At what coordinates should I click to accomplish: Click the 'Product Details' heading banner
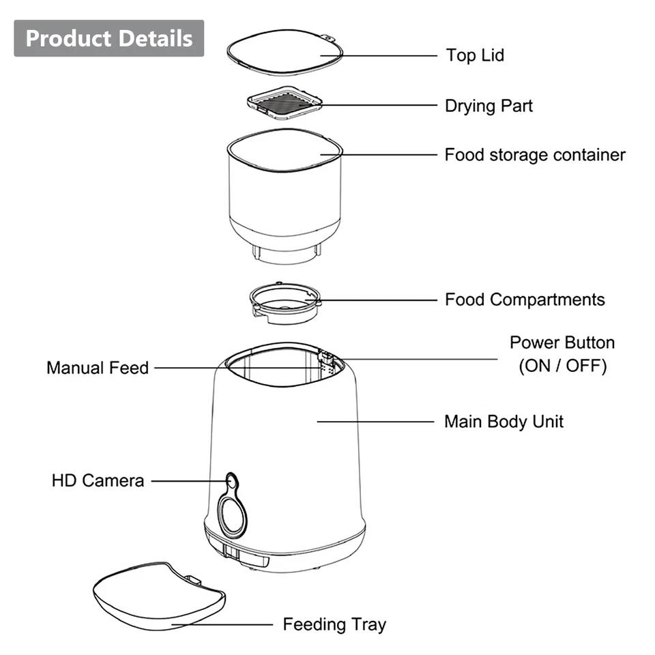[109, 38]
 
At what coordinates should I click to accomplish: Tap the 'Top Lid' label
[475, 55]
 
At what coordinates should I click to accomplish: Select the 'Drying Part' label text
[489, 106]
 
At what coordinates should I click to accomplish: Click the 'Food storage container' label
[535, 155]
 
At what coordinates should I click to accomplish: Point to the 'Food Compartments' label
[525, 300]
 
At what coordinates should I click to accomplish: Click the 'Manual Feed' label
[98, 368]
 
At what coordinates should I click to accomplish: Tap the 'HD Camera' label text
[98, 480]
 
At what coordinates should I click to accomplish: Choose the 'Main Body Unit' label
[504, 421]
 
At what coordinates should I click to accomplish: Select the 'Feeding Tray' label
[334, 624]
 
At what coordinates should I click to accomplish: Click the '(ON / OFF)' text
[562, 366]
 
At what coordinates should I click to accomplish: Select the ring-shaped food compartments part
[283, 304]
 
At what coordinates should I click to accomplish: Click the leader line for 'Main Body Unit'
[375, 422]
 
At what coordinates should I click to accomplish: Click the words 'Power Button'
[562, 343]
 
